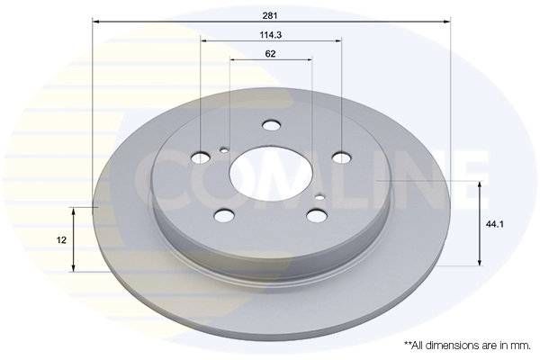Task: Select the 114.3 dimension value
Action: coord(271,36)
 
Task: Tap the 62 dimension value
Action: coord(271,54)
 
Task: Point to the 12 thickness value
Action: coord(60,239)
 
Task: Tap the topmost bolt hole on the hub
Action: coord(271,127)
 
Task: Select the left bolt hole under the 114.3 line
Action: coord(201,159)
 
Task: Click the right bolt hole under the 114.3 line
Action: coord(341,157)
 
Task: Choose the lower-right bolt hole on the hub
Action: coord(314,214)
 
